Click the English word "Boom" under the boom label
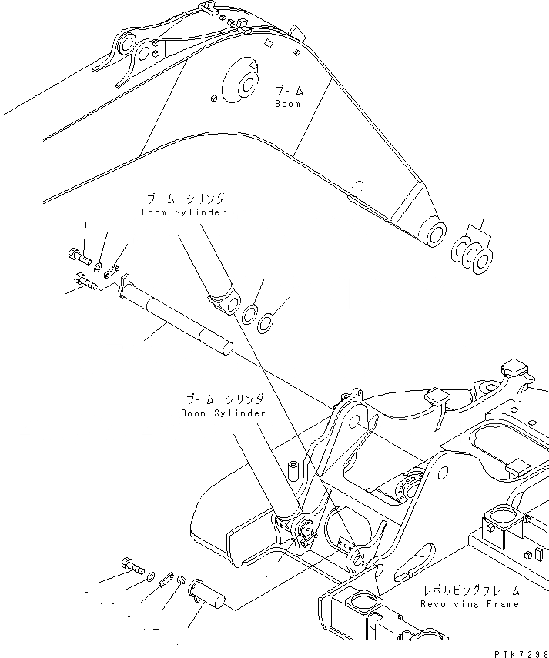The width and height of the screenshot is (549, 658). tap(287, 104)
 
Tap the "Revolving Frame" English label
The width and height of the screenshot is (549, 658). tap(470, 605)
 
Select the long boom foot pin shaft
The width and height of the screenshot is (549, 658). tap(177, 317)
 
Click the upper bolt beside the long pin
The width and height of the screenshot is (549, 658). tap(77, 256)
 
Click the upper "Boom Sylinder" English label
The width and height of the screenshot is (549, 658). tap(184, 212)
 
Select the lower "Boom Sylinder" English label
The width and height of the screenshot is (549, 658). tap(223, 413)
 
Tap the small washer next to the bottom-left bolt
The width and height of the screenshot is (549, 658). tap(150, 576)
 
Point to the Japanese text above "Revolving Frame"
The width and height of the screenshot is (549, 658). tap(470, 591)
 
